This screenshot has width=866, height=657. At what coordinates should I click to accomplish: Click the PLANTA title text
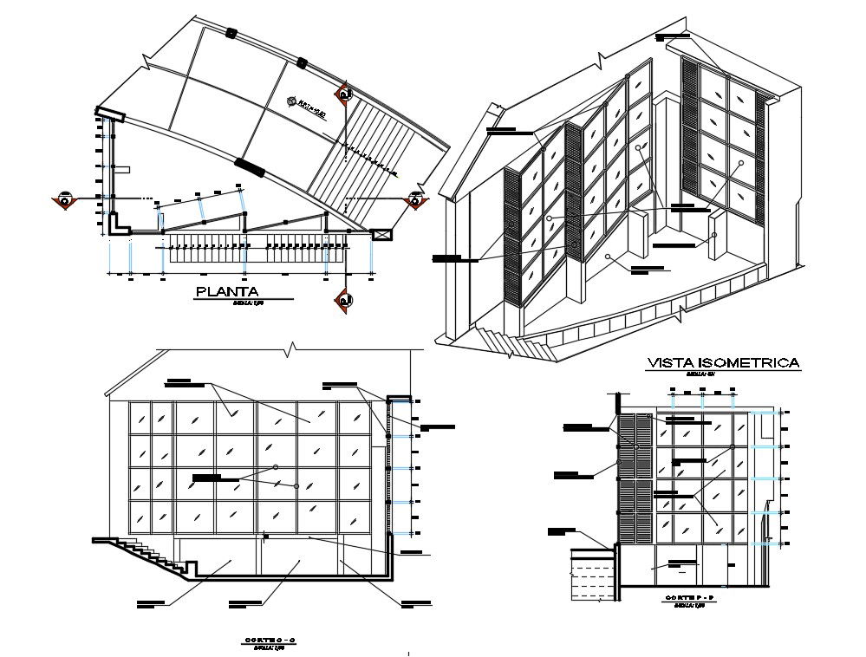(x=228, y=292)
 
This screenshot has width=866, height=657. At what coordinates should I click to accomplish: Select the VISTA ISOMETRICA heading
(x=724, y=363)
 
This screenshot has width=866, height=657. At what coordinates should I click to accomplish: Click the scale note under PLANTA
(x=246, y=304)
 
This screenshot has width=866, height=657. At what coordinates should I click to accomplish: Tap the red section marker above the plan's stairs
(x=345, y=93)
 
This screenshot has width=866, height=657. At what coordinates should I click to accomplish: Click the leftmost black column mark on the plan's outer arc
(x=231, y=34)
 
